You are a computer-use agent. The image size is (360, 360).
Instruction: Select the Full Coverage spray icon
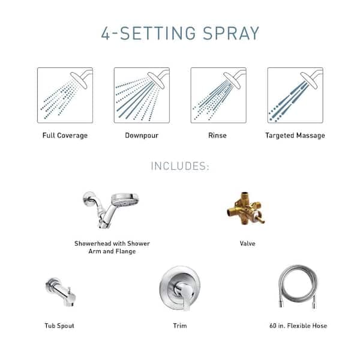(65, 95)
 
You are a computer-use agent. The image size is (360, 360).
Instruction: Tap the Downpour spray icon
(142, 95)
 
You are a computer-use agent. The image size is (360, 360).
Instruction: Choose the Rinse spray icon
(218, 95)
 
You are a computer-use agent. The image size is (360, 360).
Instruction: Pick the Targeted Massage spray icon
(295, 95)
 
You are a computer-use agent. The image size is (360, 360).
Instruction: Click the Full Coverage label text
(65, 136)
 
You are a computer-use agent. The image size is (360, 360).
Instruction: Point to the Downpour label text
(142, 136)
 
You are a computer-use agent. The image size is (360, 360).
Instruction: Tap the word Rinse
(217, 136)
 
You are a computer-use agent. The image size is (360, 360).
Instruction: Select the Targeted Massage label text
(295, 136)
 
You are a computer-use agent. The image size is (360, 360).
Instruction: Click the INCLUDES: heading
(179, 166)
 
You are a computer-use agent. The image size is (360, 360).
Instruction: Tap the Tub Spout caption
(59, 326)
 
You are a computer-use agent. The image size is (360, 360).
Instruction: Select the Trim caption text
(179, 326)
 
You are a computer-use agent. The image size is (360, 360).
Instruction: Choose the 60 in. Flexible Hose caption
(298, 326)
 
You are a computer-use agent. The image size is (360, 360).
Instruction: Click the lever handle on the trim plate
(182, 292)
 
